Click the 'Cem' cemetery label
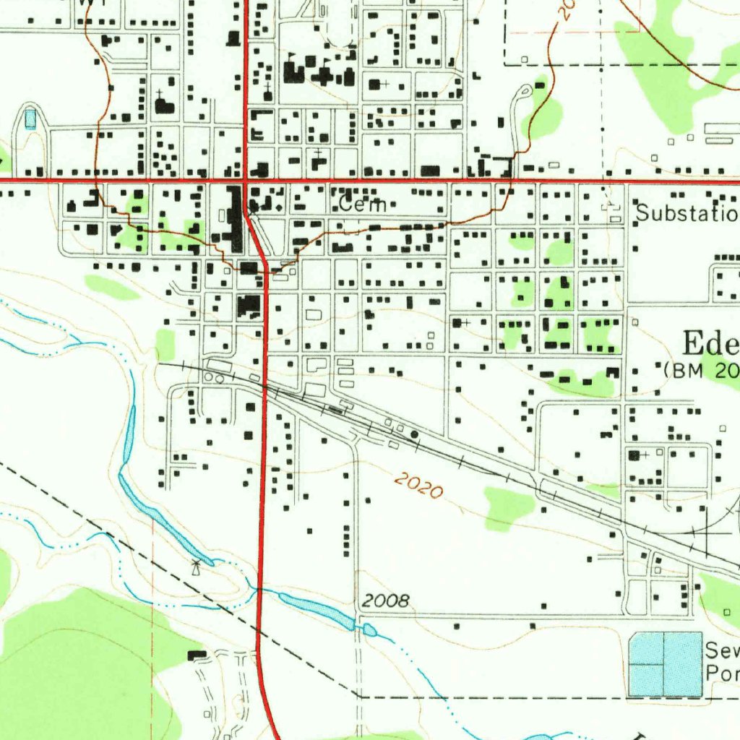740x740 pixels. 356,205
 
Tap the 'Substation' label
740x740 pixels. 687,214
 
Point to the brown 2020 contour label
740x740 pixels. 418,486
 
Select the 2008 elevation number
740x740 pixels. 386,601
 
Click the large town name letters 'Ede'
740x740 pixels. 711,343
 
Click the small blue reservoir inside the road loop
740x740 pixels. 30,117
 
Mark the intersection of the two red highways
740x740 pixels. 246,180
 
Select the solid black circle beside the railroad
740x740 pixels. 414,434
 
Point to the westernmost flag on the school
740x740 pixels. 291,57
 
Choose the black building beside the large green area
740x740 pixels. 195,655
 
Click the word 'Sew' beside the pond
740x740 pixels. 721,650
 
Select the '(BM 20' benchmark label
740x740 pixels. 701,370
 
